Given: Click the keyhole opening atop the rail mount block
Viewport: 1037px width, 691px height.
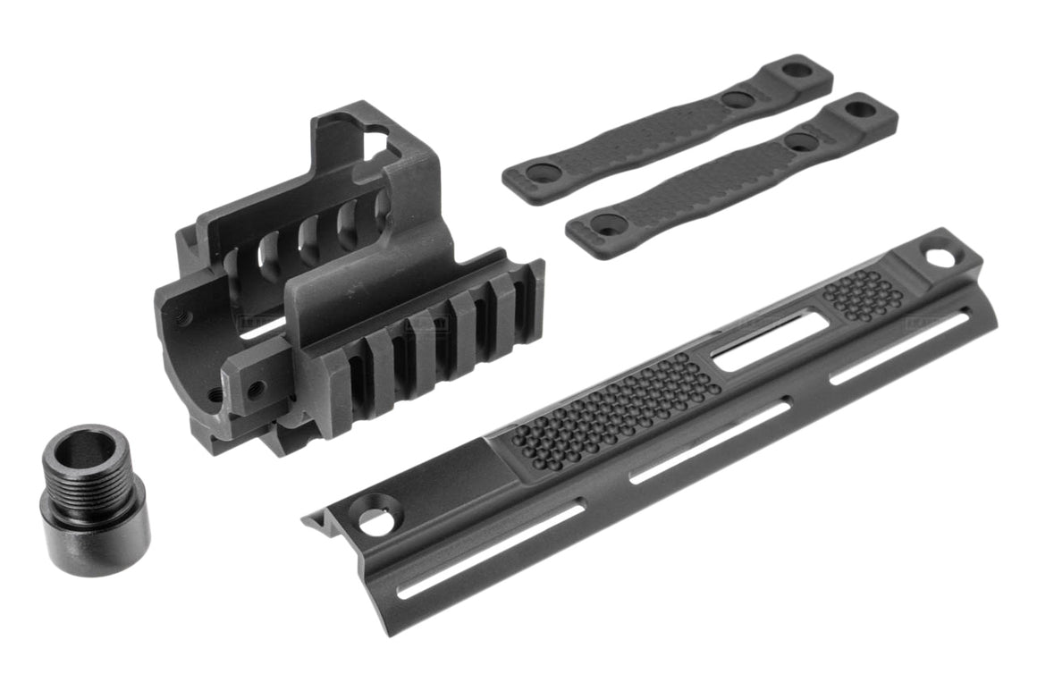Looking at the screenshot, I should [376, 138].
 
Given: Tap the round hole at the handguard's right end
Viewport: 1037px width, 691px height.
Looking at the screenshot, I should [940, 257].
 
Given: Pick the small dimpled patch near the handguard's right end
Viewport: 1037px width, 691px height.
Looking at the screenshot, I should [863, 294].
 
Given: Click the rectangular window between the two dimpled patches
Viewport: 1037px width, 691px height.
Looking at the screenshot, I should [770, 339].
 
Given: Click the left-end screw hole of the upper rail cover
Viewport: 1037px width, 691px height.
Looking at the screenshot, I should [543, 173].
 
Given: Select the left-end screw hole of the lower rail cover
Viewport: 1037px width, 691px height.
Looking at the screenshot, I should [607, 227].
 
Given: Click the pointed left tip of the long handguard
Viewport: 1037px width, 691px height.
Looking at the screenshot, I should [308, 519].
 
